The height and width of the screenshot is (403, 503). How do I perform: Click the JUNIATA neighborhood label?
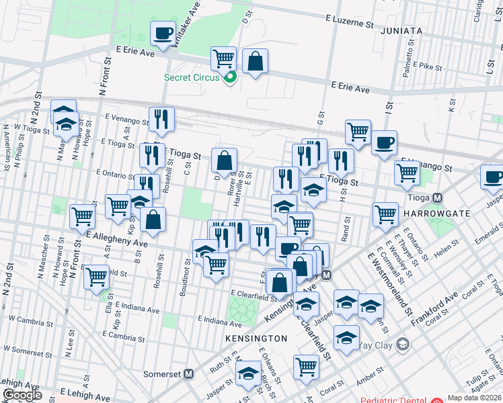coord(401,31)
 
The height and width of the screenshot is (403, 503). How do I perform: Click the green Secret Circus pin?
coord(231,77)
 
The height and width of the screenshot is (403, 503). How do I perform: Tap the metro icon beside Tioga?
coord(437,198)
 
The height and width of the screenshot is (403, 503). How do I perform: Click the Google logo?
coord(22,396)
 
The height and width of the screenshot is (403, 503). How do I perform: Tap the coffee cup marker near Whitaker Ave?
coord(163,34)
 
